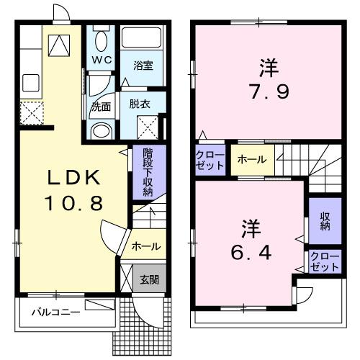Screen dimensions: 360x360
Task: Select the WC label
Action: click(x=100, y=60)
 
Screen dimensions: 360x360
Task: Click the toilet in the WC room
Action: click(x=100, y=39)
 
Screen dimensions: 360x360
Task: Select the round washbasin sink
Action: click(x=102, y=130)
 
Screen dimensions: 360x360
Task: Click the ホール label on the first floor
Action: click(x=145, y=246)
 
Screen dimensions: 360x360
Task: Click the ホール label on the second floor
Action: click(x=251, y=159)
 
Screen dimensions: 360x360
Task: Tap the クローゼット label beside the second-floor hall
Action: click(x=210, y=160)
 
